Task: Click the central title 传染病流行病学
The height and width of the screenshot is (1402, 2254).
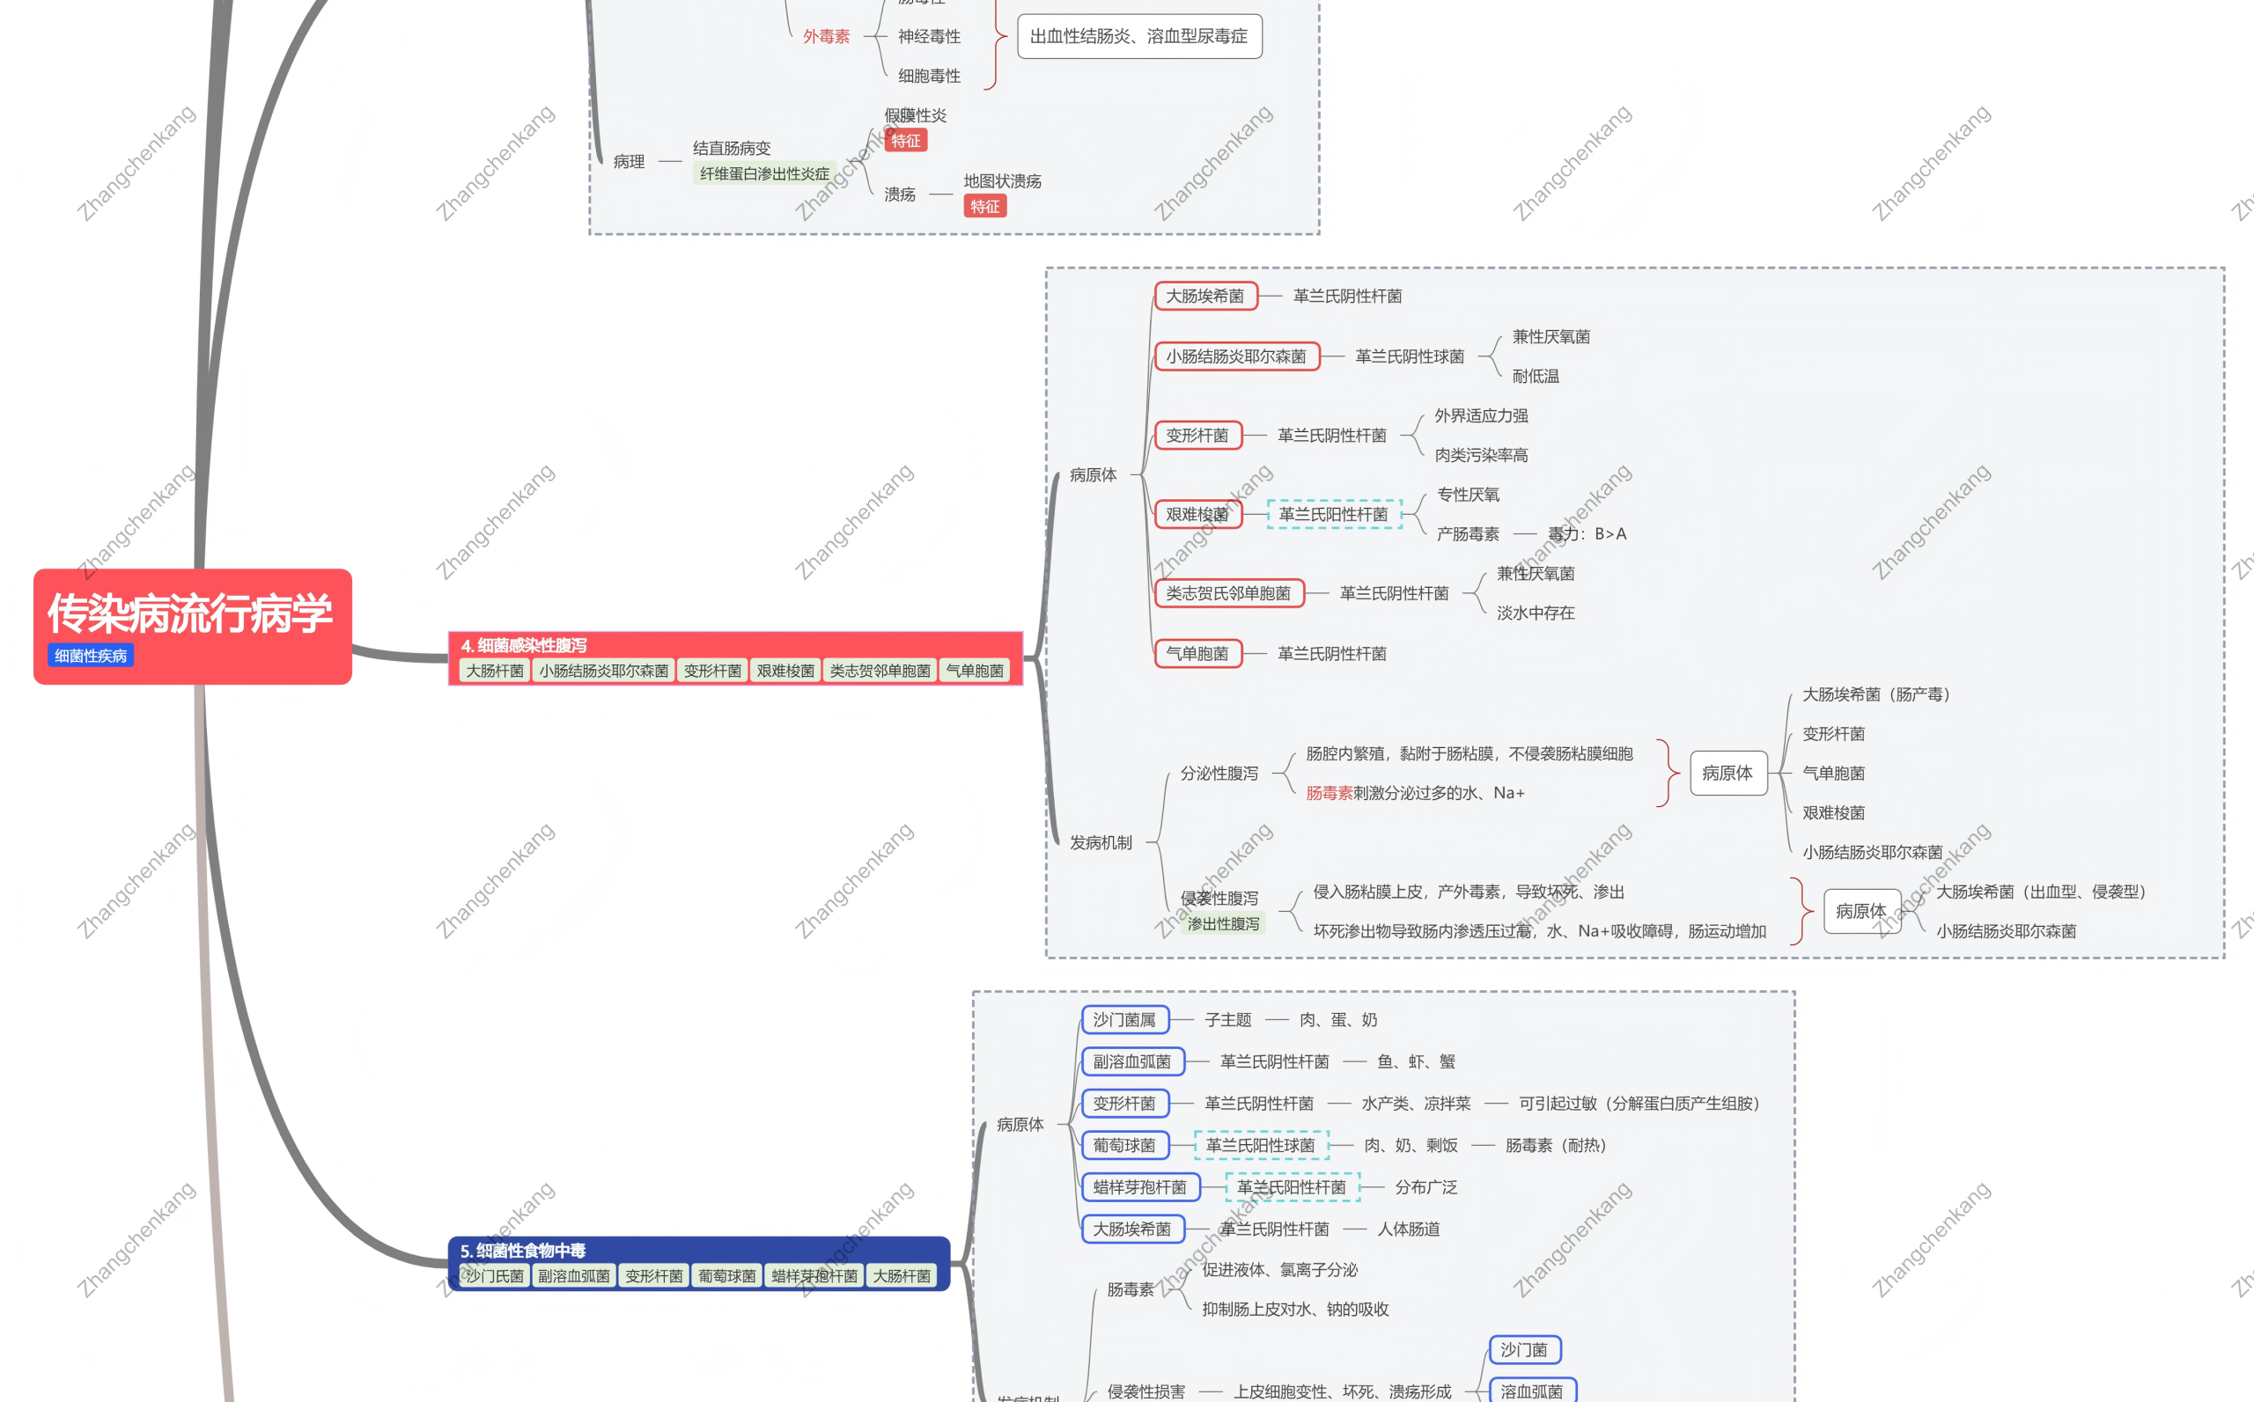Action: point(190,613)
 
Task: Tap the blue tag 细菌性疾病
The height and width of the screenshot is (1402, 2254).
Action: point(91,656)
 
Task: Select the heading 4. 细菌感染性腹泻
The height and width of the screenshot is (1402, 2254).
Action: point(524,645)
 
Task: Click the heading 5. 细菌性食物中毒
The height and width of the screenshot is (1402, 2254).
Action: point(523,1250)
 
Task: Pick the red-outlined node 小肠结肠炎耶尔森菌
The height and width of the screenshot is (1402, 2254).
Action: point(1235,356)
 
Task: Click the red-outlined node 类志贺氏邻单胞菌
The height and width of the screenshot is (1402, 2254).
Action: point(1228,593)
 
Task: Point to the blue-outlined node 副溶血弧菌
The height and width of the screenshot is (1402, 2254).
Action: point(1131,1061)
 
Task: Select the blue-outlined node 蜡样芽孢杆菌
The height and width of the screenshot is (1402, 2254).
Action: point(1139,1187)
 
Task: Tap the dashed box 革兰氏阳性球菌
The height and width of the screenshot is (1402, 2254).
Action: point(1261,1145)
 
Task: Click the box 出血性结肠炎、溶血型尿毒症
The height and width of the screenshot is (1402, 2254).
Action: point(1139,36)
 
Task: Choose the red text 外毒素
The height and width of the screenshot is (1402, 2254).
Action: point(827,36)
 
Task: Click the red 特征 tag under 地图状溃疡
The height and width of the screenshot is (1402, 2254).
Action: point(985,206)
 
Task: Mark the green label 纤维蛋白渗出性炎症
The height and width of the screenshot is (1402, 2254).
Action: point(764,173)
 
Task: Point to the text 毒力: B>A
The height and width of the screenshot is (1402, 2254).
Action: point(1587,534)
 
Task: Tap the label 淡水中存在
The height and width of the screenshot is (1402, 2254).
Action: point(1536,613)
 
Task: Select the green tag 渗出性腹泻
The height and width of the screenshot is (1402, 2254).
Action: point(1224,923)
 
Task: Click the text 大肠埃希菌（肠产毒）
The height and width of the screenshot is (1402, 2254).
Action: point(1875,694)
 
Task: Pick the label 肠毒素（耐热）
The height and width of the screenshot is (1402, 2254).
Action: point(1556,1145)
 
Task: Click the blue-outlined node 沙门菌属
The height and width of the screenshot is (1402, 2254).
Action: point(1124,1020)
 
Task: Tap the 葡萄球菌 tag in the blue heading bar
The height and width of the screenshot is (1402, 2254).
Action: point(727,1276)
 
